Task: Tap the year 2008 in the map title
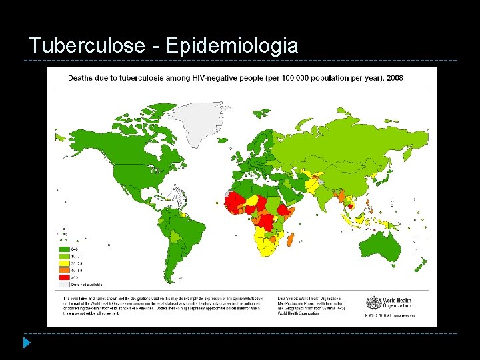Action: click(x=393, y=78)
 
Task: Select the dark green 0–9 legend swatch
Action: click(x=65, y=247)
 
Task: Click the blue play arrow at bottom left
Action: click(x=26, y=343)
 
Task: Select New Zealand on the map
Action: click(x=421, y=265)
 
